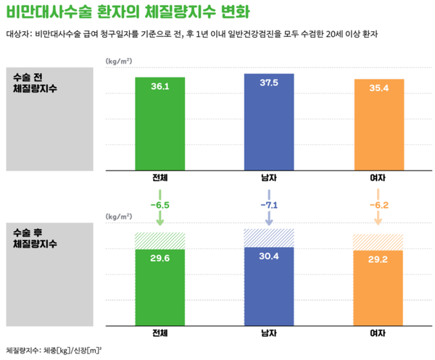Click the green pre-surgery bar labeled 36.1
(x=159, y=123)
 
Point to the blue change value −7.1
(x=270, y=206)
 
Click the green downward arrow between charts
(x=160, y=217)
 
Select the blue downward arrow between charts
(x=269, y=217)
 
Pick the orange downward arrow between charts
(x=378, y=217)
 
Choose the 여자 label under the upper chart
(x=378, y=177)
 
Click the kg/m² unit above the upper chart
(x=119, y=62)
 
